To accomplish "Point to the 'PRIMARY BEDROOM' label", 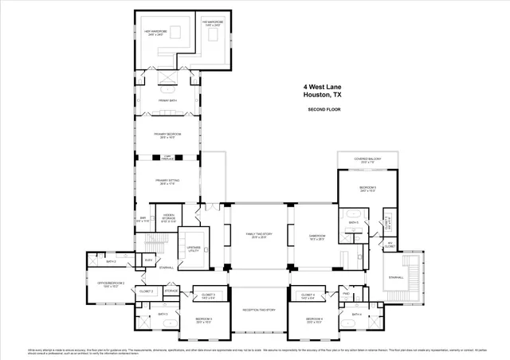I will point(168,135).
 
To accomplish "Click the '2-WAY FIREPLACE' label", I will point(168,158).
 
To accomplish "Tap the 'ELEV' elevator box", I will point(149,260).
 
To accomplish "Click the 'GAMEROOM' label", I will point(318,236).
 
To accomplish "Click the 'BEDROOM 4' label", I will point(315,320).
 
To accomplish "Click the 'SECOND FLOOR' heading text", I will point(324,109).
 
